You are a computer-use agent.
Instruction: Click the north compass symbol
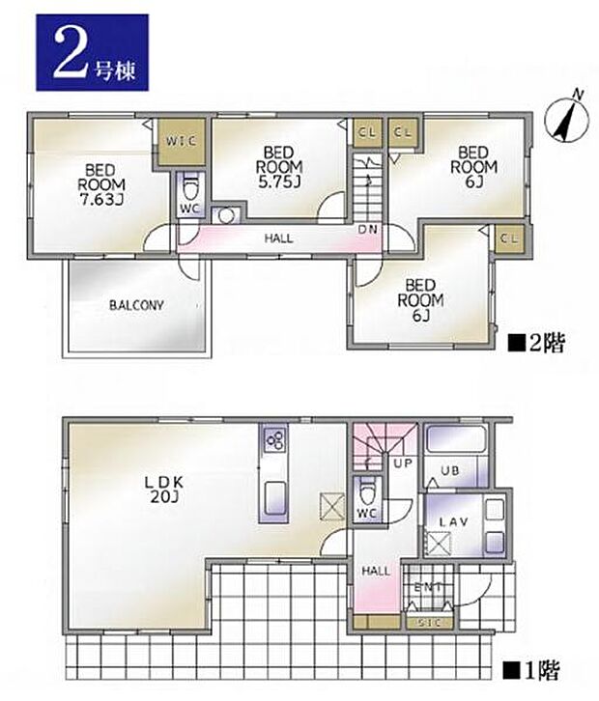(566, 118)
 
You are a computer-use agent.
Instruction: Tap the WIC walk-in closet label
(181, 141)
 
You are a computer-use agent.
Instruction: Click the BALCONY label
(137, 306)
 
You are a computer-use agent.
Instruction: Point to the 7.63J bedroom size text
(101, 200)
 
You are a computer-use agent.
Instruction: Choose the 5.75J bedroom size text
(278, 182)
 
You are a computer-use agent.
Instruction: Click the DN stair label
(368, 230)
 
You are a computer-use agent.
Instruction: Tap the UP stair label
(403, 463)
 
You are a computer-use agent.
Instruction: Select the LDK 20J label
(163, 490)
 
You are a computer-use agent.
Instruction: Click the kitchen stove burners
(274, 440)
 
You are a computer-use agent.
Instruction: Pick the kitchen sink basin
(274, 498)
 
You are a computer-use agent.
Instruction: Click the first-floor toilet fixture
(367, 492)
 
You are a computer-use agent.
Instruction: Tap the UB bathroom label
(450, 470)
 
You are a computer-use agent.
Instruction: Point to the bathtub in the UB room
(456, 438)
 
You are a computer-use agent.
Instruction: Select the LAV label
(453, 521)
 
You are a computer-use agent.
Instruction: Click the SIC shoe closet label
(430, 623)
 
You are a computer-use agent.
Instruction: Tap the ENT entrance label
(428, 587)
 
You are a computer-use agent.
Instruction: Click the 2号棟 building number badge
(92, 53)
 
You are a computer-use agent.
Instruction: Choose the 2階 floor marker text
(536, 343)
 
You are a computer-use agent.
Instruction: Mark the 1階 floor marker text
(531, 670)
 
